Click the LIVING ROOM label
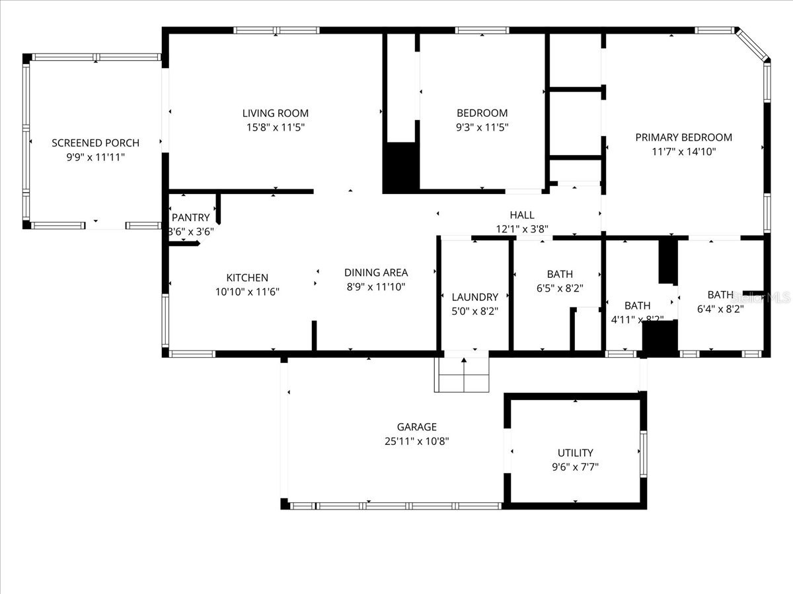pyautogui.click(x=275, y=113)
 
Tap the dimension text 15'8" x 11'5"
pyautogui.click(x=275, y=126)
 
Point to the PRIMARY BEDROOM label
pyautogui.click(x=683, y=137)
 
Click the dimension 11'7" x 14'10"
pyautogui.click(x=683, y=151)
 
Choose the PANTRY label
pyautogui.click(x=190, y=218)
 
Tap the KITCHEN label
pyautogui.click(x=247, y=278)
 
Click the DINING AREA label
pyautogui.click(x=376, y=273)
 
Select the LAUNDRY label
pyautogui.click(x=474, y=297)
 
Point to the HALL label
pyautogui.click(x=522, y=215)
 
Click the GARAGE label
pyautogui.click(x=416, y=427)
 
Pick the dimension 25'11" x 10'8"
pyautogui.click(x=416, y=441)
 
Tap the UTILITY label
pyautogui.click(x=575, y=453)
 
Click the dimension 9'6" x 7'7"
pyautogui.click(x=575, y=467)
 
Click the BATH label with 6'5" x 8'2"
pyautogui.click(x=560, y=274)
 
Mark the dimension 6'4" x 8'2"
pyautogui.click(x=720, y=308)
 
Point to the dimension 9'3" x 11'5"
pyautogui.click(x=482, y=126)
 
